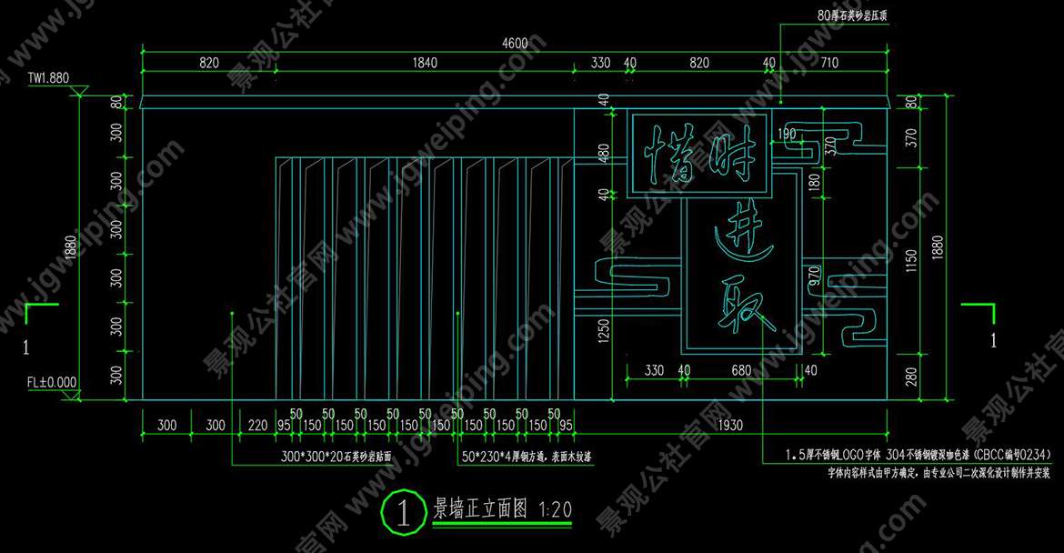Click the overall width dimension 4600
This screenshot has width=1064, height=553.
pyautogui.click(x=514, y=43)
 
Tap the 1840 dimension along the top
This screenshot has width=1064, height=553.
pyautogui.click(x=425, y=63)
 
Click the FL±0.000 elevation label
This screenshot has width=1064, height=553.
pyautogui.click(x=52, y=383)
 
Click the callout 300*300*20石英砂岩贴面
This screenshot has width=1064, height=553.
pyautogui.click(x=336, y=456)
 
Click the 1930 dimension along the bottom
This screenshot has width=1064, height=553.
pyautogui.click(x=730, y=425)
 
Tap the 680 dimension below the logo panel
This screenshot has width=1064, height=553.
pyautogui.click(x=741, y=370)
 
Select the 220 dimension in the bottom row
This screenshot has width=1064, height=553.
pyautogui.click(x=257, y=425)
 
